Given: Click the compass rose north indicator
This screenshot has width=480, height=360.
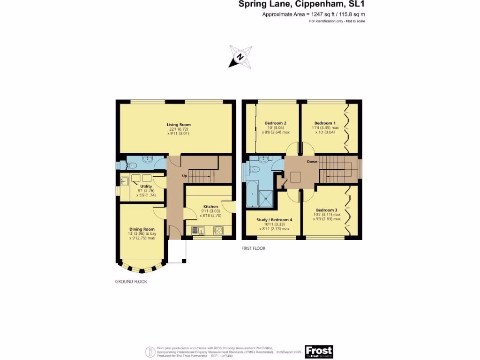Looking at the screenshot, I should pos(240,57).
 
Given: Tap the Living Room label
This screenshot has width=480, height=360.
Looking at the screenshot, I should pos(179,125).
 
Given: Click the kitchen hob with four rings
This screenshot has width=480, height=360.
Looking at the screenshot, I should pos(218,230).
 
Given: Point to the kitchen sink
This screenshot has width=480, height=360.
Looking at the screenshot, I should pos(198,230).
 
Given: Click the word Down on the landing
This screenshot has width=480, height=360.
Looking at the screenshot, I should pos(312,162).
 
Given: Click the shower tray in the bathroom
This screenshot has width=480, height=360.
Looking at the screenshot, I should pos(268,197).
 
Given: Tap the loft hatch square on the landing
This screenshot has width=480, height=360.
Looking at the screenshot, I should pos(295,177).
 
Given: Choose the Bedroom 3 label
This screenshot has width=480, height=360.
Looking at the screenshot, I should pos(326,210).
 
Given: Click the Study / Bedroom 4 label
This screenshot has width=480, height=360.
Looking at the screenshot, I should pos(274,220).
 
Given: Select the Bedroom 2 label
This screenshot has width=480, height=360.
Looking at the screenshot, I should pos(275,123).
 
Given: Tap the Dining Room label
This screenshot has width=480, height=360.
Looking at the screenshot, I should pos(142,229).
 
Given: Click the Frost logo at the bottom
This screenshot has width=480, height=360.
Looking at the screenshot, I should pos(319,352).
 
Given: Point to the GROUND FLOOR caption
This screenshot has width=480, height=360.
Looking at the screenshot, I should pos(131,282).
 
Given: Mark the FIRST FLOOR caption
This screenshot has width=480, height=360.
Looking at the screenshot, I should pos(254,248).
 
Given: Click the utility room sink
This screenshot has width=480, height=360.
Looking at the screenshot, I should pos(125,181).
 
